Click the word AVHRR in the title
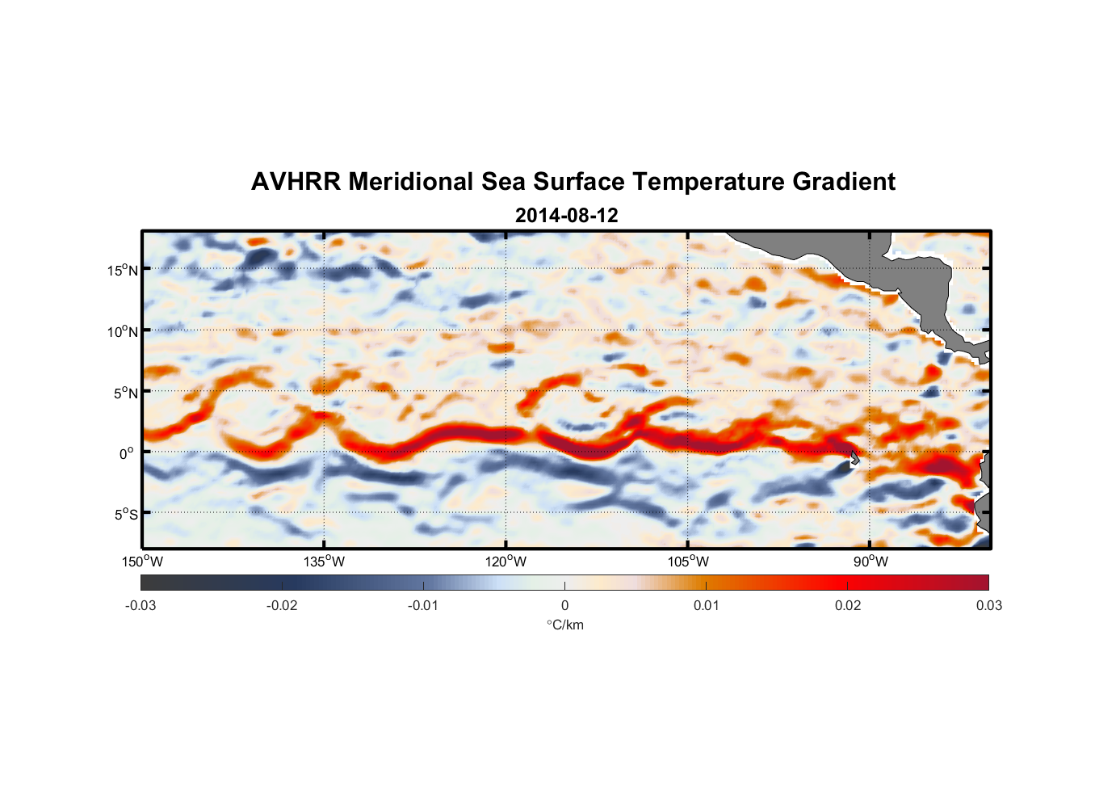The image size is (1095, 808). [296, 182]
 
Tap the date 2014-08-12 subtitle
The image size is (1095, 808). [566, 216]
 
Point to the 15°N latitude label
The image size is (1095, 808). [123, 270]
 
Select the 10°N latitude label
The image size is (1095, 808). [123, 331]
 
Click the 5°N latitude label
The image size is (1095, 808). [125, 393]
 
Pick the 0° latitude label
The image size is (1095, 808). [128, 453]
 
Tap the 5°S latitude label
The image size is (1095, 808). [125, 514]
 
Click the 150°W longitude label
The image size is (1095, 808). [142, 562]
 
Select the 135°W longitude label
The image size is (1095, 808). [324, 562]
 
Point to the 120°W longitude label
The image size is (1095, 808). [506, 562]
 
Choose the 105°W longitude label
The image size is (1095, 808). [688, 562]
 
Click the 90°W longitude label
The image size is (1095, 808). [871, 562]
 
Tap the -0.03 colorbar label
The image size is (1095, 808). [141, 605]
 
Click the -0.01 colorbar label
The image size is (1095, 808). [423, 605]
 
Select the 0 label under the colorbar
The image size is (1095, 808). [564, 605]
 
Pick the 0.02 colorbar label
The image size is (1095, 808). [848, 605]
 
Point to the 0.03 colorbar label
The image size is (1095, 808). [988, 605]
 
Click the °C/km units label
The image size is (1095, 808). [564, 625]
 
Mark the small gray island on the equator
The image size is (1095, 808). [854, 458]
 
